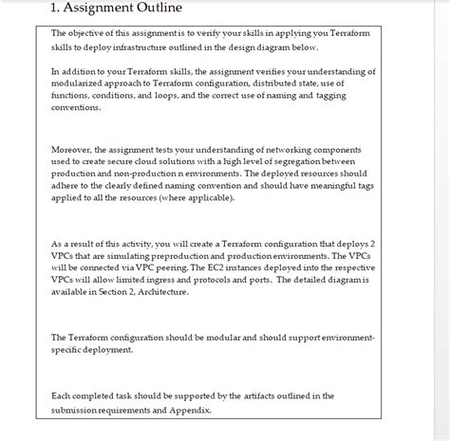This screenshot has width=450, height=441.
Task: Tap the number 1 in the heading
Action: coord(54,9)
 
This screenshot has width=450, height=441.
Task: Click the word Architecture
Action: coord(158,292)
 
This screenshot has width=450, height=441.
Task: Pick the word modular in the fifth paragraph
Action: coord(215,337)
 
